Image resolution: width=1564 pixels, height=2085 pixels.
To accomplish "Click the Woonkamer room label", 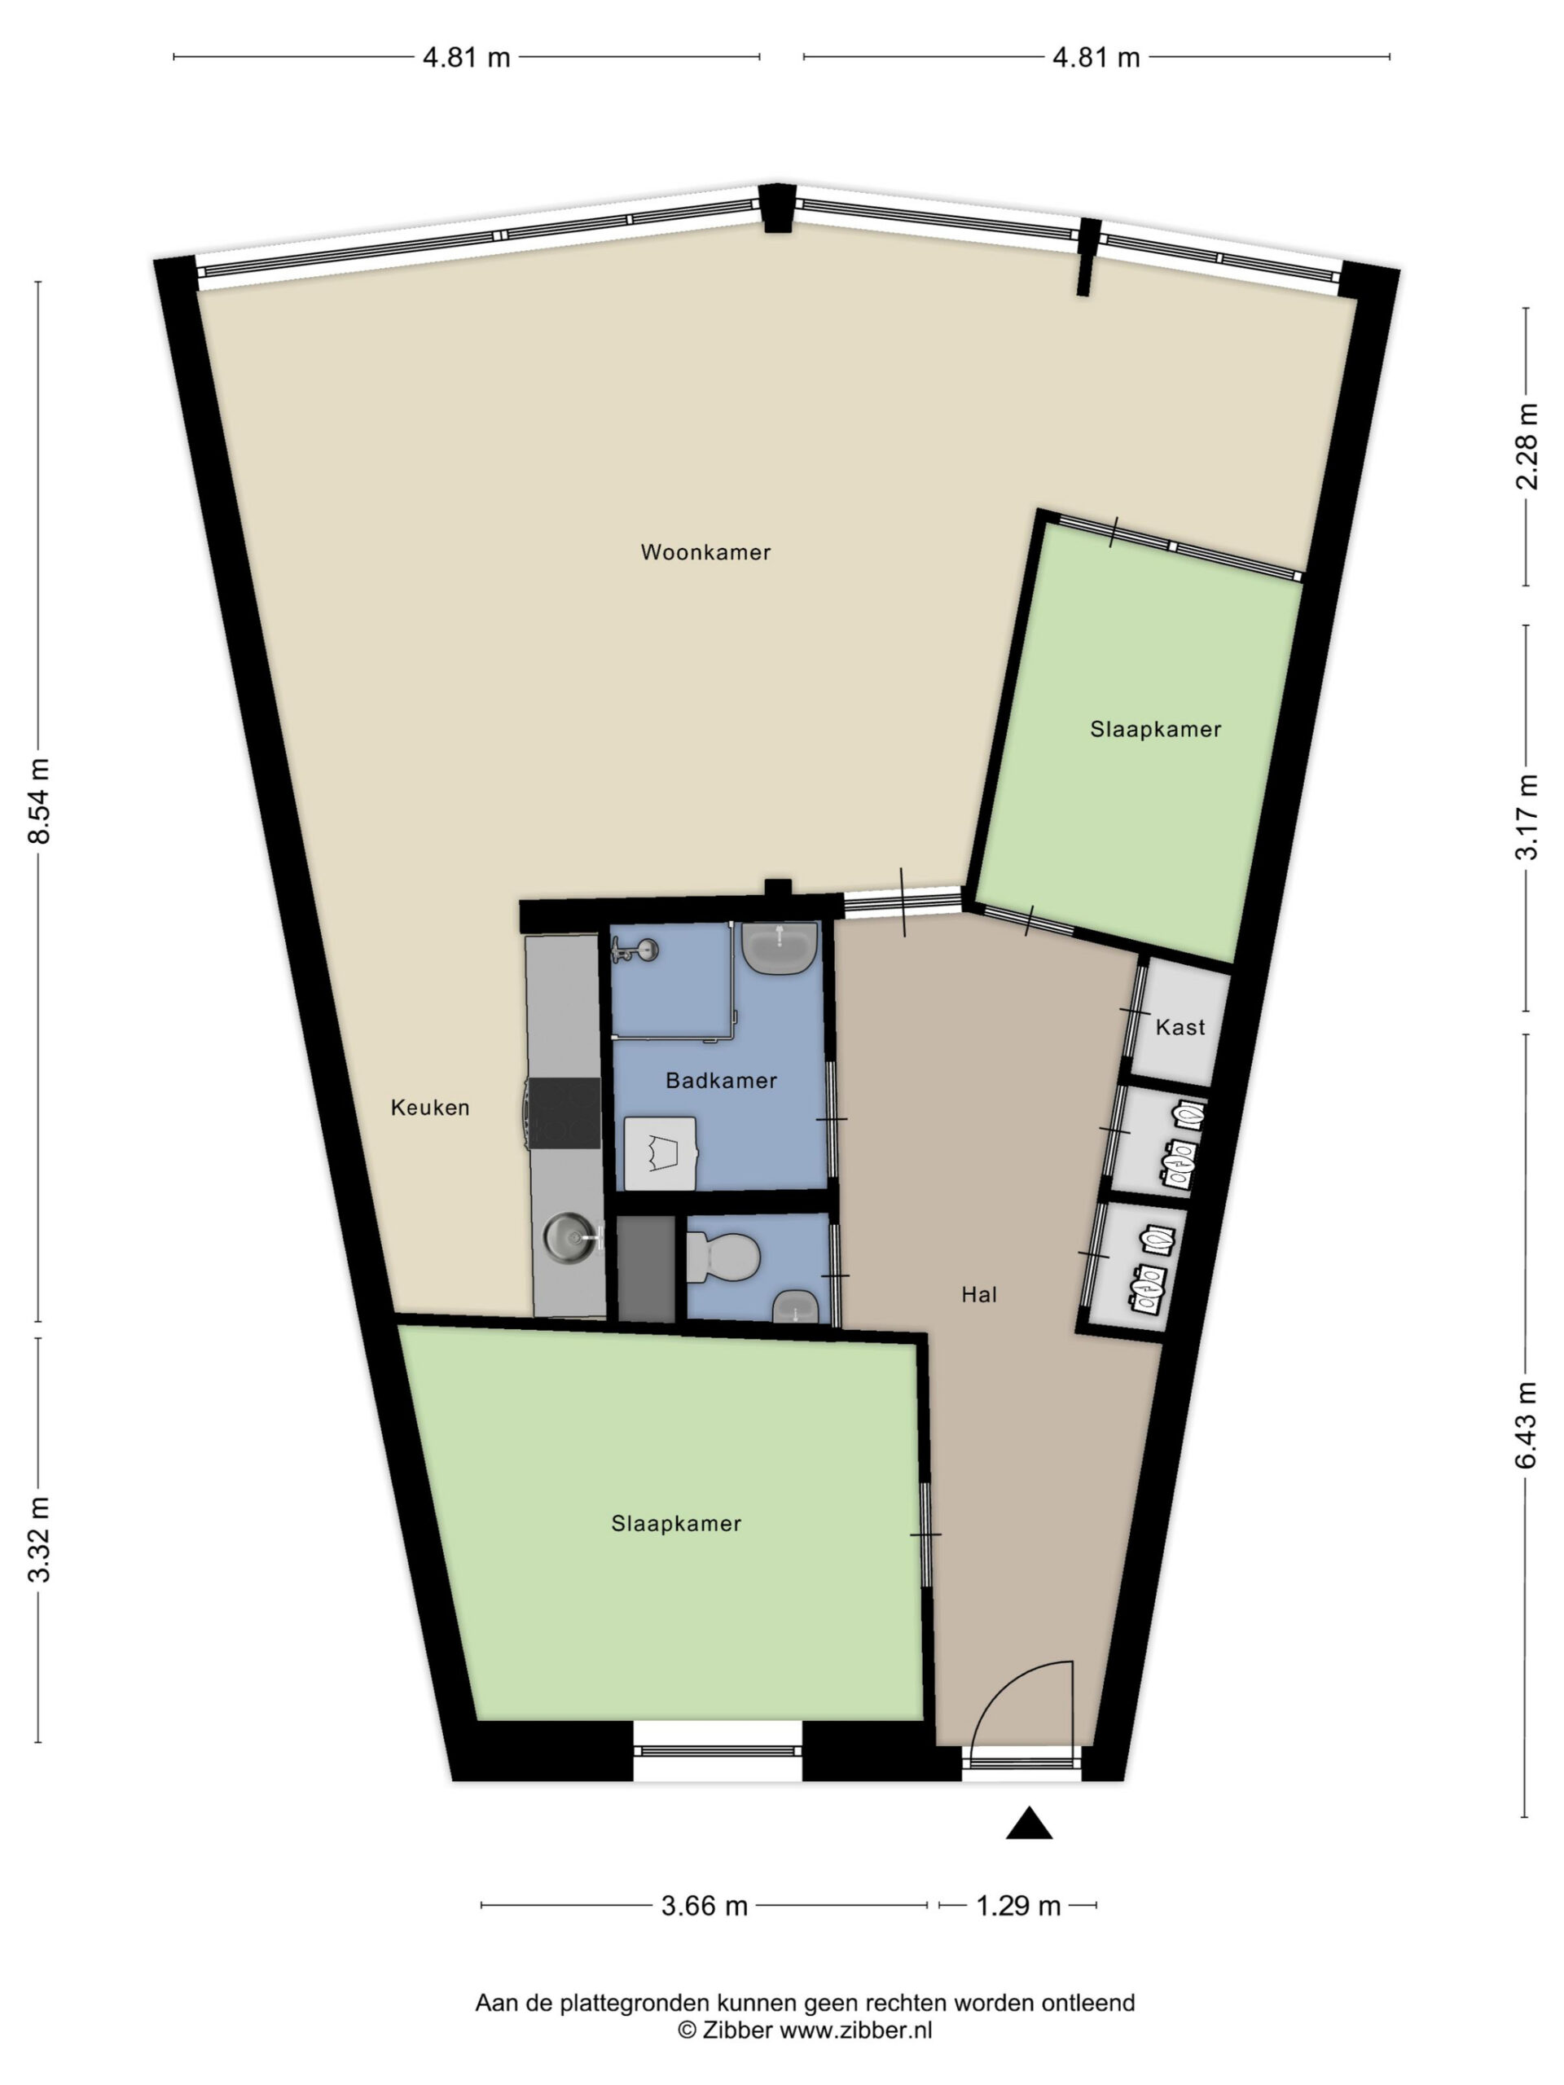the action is click(705, 552).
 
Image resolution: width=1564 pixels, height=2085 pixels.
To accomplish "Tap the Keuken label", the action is click(430, 1108).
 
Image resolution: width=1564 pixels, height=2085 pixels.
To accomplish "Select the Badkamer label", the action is click(721, 1080).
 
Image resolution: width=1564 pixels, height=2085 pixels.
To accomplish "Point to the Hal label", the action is click(978, 1295).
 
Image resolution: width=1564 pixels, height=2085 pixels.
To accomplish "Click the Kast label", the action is click(1180, 1026).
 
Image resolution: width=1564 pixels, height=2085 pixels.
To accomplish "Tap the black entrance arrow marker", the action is click(1029, 1824).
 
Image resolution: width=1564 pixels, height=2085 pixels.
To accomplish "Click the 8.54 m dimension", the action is click(38, 801).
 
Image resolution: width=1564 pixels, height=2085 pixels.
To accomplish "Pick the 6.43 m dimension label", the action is click(1527, 1424).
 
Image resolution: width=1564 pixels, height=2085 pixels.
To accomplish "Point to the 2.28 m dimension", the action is click(1527, 446).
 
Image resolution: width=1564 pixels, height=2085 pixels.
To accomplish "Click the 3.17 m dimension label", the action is click(1527, 816).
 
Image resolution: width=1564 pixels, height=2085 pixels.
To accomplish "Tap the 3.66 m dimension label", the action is click(705, 1906).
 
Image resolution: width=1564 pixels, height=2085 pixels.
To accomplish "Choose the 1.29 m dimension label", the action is click(1018, 1906).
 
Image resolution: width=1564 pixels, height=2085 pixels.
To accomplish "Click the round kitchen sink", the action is click(570, 1234).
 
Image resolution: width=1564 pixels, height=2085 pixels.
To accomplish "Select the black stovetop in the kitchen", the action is click(565, 1113).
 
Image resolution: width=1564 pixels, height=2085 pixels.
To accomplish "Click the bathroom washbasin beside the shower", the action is click(780, 947).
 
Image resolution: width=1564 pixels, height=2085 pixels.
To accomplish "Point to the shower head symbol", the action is click(634, 950).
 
